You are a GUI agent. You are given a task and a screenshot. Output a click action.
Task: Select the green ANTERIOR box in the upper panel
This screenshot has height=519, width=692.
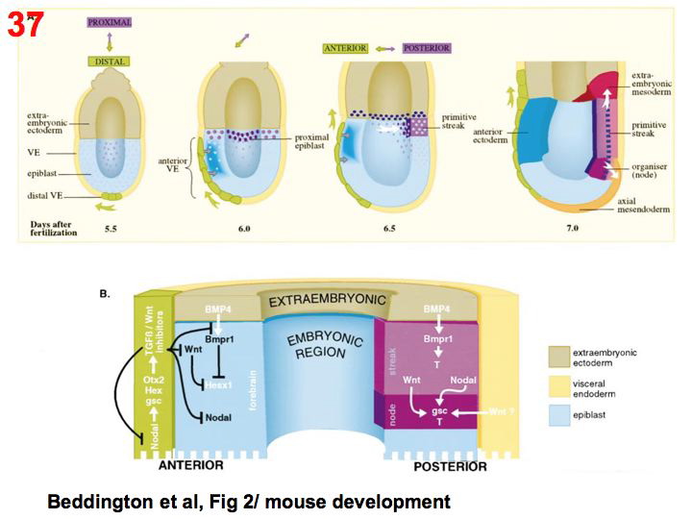tap(347, 48)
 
